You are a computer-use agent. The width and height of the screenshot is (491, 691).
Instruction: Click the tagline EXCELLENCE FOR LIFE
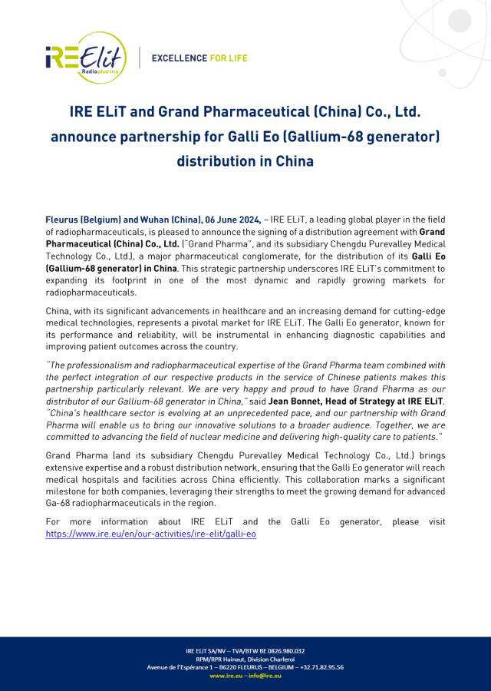tap(199, 58)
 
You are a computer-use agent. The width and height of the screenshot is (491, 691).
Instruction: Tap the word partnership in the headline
tap(160, 137)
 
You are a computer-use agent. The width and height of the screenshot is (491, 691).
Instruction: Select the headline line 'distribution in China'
tap(245, 161)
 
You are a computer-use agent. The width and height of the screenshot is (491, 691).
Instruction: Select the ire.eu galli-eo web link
tap(151, 533)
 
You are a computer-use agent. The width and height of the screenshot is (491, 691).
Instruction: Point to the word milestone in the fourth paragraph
tap(67, 491)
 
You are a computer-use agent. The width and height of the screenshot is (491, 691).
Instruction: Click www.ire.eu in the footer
tap(224, 676)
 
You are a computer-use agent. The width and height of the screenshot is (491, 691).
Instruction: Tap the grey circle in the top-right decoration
tap(460, 20)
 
